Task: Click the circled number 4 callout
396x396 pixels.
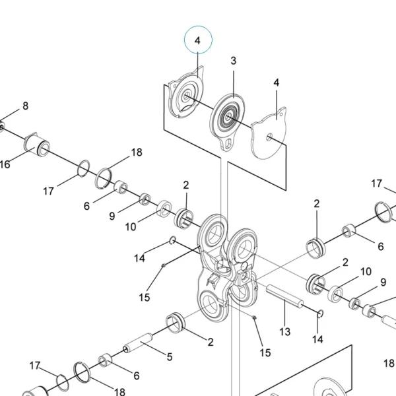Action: pos(198,40)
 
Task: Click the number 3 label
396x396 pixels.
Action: pos(234,61)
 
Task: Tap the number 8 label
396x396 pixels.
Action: pos(25,106)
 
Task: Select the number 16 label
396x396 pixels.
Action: pos(5,164)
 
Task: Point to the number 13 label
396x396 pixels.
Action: pos(285,331)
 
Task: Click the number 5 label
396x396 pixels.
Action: pos(170,356)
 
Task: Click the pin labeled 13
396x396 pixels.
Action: pos(284,296)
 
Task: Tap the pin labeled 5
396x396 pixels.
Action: pos(138,343)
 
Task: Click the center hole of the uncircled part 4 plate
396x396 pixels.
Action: pos(269,137)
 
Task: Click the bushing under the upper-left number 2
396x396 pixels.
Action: pos(184,218)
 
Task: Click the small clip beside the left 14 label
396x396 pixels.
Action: pos(172,240)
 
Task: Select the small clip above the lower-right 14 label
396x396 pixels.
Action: pos(321,313)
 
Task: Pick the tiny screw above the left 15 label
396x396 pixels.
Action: pos(164,265)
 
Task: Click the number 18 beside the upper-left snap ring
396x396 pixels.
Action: pos(137,152)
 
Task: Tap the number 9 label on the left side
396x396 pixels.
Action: pos(112,216)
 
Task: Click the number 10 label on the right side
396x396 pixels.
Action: pos(366,271)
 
